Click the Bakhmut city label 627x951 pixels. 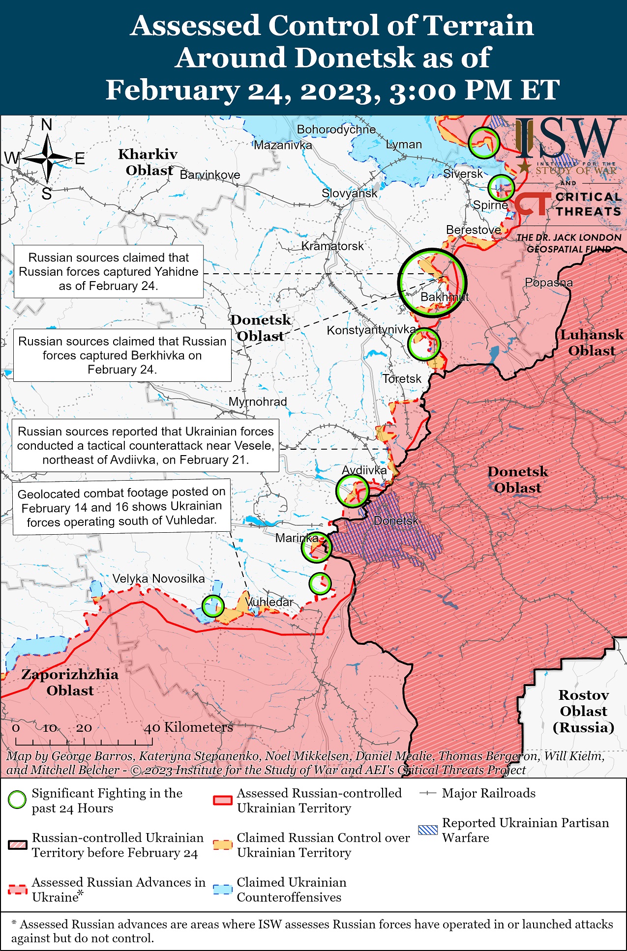coord(444,297)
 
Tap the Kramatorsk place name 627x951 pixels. coord(332,246)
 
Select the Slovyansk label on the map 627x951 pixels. coord(349,193)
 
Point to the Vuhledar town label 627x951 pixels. coord(269,602)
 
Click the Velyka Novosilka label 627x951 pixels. coord(158,578)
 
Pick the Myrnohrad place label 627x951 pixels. coord(258,402)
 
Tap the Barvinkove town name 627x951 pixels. coord(210,175)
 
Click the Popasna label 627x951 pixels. coord(549,283)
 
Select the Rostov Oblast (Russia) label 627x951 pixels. coord(583,711)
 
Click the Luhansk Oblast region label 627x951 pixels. coord(592,343)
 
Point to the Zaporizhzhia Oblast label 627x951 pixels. coord(70,682)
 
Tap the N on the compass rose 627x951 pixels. coord(47,125)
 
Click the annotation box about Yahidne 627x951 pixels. coord(109,272)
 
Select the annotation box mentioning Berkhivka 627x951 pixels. coord(122,355)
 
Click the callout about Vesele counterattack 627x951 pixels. coord(145,445)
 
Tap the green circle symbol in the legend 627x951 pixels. coord(17,800)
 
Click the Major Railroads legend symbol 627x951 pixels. coord(427,793)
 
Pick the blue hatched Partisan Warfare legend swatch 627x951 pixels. coord(427,830)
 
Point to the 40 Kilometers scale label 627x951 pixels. coord(188,727)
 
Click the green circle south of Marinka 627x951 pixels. coord(320,584)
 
